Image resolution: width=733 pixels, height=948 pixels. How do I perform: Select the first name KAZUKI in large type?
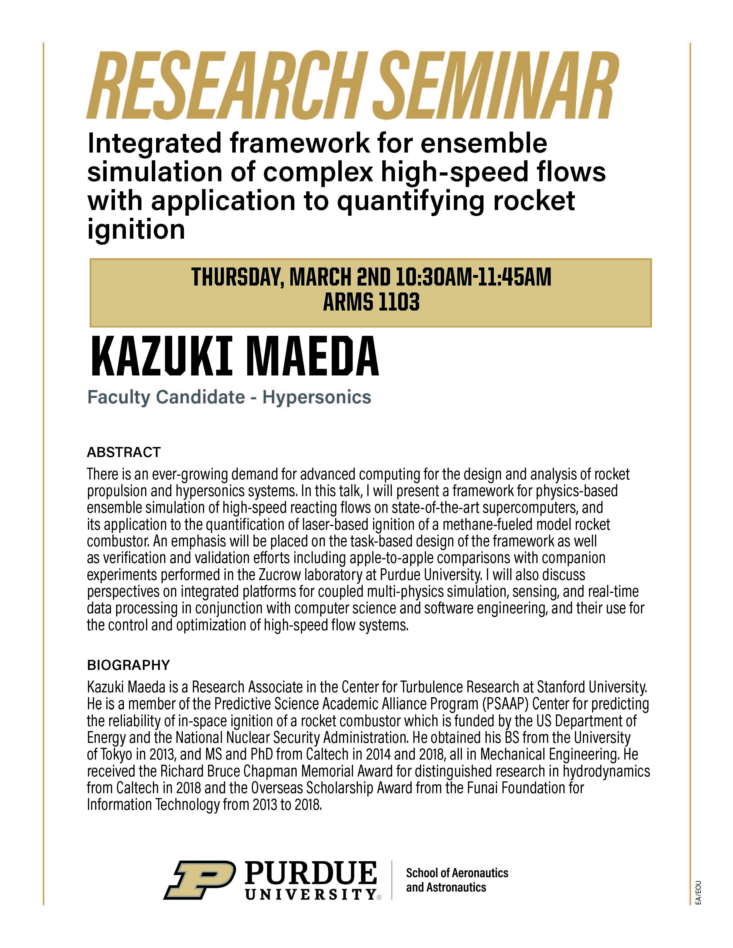pyautogui.click(x=161, y=357)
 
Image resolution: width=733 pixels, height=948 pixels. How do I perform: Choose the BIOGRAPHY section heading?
pyautogui.click(x=128, y=665)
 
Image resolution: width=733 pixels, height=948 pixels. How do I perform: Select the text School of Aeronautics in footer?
pyautogui.click(x=457, y=873)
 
